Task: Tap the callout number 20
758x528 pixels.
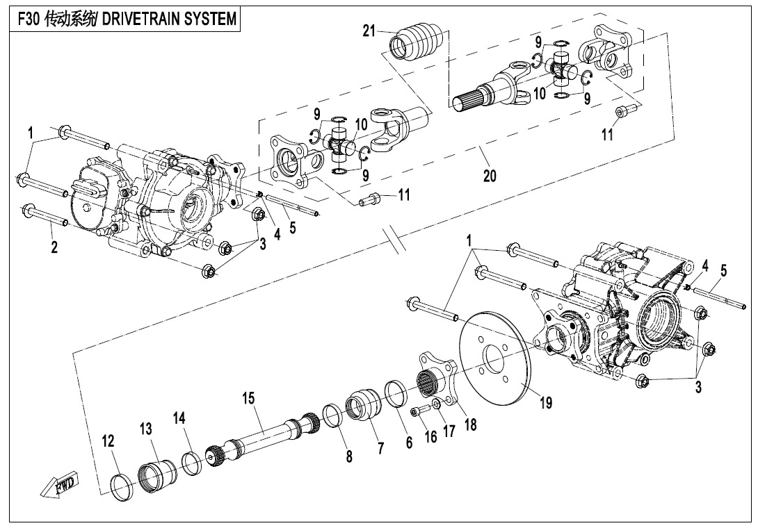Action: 490,176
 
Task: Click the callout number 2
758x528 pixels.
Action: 54,246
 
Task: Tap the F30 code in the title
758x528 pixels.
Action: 27,19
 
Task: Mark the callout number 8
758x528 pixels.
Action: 348,456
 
